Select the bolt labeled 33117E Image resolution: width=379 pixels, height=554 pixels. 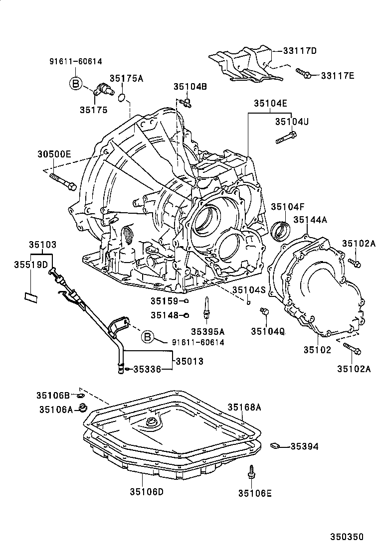303,73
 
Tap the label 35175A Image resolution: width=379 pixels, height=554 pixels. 127,78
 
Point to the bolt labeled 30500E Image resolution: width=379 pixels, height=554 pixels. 63,182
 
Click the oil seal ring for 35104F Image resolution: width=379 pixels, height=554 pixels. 281,231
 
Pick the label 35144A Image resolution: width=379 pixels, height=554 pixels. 309,219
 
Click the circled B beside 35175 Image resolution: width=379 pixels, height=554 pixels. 75,84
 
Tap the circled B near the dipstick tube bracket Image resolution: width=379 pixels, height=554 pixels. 148,337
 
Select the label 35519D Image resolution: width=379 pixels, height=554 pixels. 30,264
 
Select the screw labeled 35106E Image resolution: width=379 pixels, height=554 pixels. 252,472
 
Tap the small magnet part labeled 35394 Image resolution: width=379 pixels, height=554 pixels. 275,445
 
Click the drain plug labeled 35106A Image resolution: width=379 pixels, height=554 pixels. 83,408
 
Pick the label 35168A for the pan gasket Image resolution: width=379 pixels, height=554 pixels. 245,408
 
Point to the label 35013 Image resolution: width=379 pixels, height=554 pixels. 189,361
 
